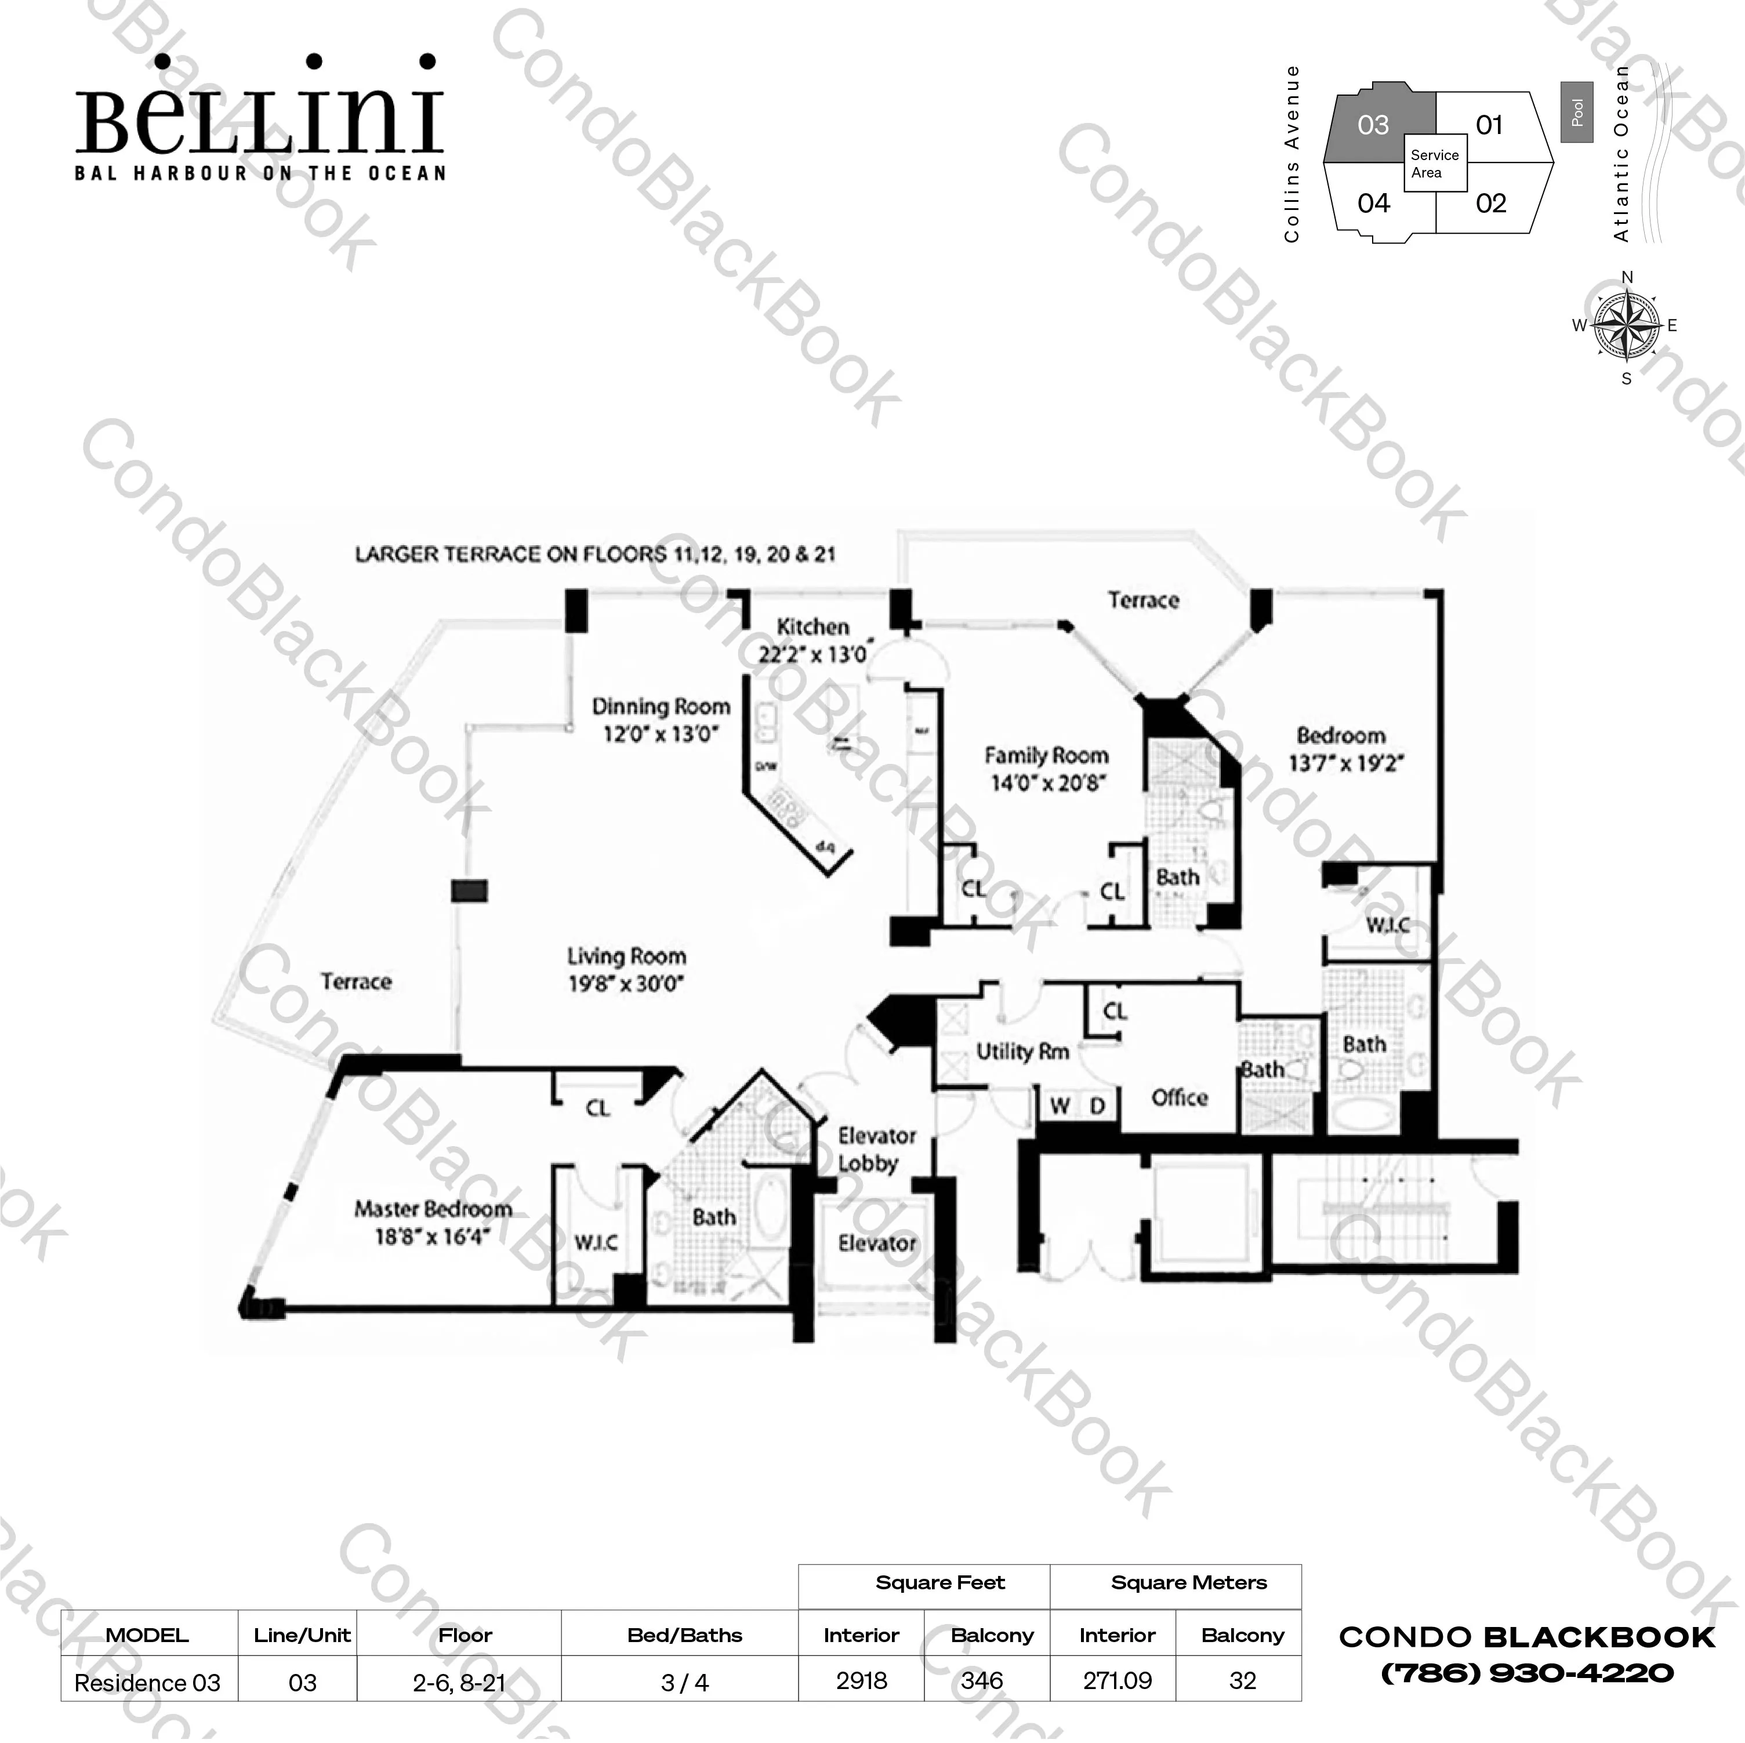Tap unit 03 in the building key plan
1373,126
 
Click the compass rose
1626,325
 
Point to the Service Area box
1434,164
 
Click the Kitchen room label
813,627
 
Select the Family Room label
1046,755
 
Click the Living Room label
626,956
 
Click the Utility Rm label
1022,1051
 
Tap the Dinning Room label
660,706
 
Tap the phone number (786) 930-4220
1526,1673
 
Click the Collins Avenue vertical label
1291,154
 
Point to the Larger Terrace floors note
594,554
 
